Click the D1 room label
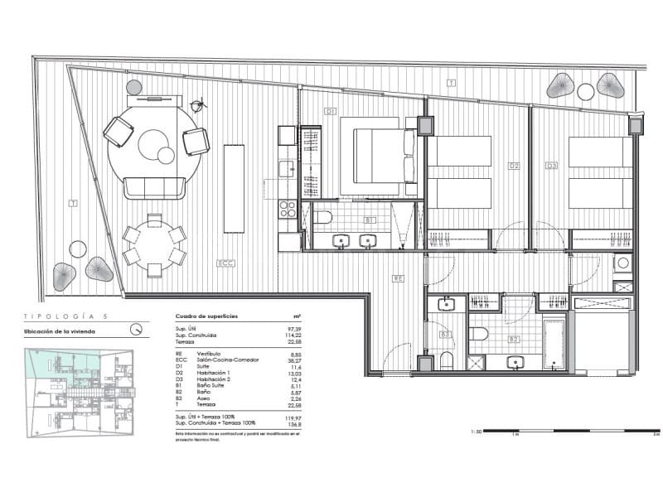click(x=330, y=110)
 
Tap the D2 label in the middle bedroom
click(x=514, y=166)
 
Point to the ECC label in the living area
click(x=224, y=263)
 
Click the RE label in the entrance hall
click(x=398, y=278)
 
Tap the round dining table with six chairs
click(x=154, y=244)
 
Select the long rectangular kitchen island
click(x=235, y=189)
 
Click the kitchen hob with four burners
click(x=287, y=208)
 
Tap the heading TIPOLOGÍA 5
click(x=65, y=316)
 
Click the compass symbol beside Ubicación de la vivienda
click(x=136, y=329)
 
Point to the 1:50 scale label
click(x=475, y=432)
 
